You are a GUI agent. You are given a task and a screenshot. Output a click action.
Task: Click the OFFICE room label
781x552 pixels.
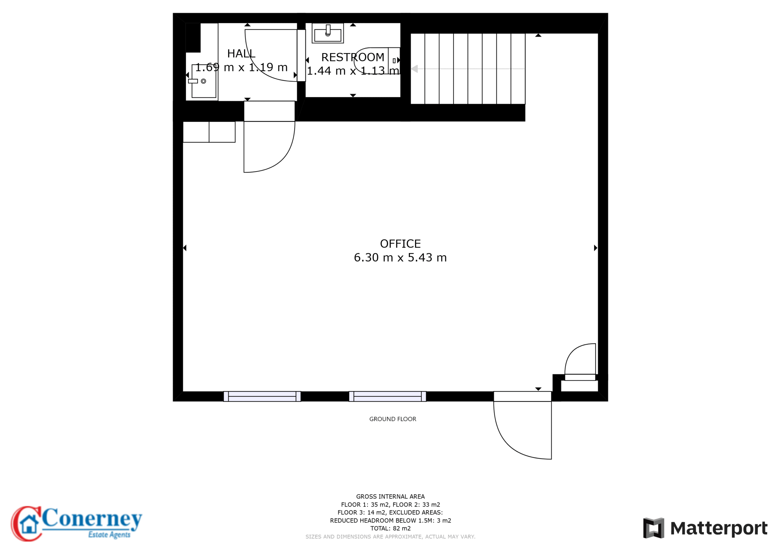[400, 244]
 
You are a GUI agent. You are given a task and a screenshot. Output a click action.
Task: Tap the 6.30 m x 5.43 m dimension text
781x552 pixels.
[400, 257]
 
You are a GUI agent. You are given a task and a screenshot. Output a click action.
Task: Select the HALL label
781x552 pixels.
[241, 53]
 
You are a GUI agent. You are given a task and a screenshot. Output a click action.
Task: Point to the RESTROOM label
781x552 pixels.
[353, 57]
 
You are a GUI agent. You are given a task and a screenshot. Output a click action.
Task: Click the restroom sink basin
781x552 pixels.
[328, 33]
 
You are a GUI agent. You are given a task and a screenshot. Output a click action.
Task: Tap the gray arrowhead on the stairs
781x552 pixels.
[414, 69]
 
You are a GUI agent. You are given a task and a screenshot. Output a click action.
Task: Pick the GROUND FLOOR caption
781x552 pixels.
[393, 419]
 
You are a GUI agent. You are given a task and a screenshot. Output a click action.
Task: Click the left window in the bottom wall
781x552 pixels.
[262, 396]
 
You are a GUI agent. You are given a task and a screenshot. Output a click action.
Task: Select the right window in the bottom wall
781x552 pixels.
[387, 396]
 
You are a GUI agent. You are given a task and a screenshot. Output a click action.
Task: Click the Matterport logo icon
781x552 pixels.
[653, 528]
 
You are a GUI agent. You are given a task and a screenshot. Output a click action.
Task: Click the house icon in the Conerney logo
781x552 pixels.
[29, 524]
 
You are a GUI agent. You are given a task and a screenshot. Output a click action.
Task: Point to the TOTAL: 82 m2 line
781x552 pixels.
[390, 528]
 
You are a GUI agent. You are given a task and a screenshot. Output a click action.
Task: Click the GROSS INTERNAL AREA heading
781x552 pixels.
[390, 496]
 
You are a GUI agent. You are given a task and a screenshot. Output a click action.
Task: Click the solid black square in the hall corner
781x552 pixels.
[193, 38]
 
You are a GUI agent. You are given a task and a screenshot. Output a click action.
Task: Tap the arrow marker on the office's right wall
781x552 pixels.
[596, 248]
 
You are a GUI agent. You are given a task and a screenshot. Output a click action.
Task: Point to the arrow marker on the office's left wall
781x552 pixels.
[185, 248]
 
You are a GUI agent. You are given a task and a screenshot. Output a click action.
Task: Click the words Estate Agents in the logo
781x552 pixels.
[109, 535]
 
